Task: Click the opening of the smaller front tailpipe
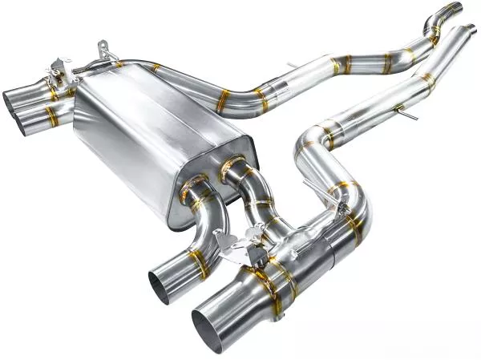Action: pos(160,287)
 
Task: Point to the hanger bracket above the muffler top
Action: pos(103,53)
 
